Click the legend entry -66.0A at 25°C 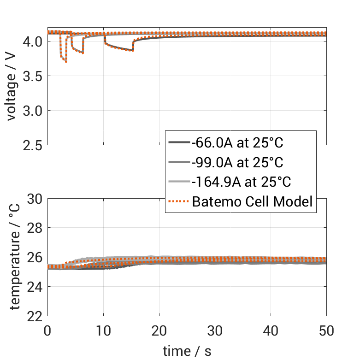point(237,143)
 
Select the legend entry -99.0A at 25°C point(237,162)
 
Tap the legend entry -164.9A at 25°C point(241,182)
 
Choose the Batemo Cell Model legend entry point(253,201)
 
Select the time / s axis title point(187,351)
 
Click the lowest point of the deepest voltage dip point(66,62)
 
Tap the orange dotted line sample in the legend point(178,201)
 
